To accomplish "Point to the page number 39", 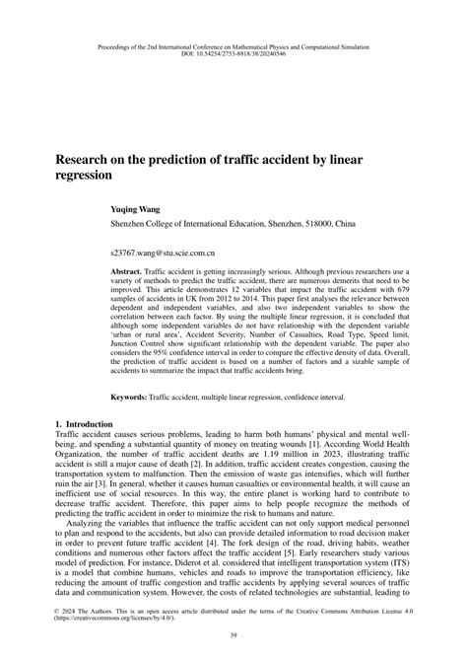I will [233, 637].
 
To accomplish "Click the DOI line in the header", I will [233, 53].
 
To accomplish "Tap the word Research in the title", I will [85, 156].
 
